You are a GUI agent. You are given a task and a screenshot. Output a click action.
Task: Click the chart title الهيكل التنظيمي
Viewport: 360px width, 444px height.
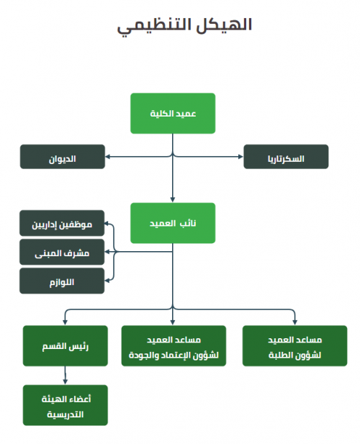click(184, 25)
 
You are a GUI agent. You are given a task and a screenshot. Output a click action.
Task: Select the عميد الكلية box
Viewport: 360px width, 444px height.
click(173, 113)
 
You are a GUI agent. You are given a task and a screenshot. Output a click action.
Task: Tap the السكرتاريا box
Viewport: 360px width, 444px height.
click(286, 157)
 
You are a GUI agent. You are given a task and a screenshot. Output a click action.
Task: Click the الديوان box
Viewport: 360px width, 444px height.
click(63, 157)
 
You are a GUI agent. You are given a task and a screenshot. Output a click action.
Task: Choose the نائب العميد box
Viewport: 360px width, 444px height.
click(173, 223)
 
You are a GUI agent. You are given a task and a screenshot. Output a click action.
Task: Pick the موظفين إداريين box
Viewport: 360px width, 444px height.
click(62, 223)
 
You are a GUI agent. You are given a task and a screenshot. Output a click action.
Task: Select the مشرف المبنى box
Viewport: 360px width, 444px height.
click(62, 252)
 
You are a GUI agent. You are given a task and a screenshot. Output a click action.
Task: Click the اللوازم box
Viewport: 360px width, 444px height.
click(62, 281)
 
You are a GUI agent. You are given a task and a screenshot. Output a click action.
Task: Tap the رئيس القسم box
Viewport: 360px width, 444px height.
click(65, 345)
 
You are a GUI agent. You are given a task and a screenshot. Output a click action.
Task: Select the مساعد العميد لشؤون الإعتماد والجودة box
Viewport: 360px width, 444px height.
click(174, 345)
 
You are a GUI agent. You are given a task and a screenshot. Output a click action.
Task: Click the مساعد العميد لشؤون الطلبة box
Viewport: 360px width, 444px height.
click(295, 345)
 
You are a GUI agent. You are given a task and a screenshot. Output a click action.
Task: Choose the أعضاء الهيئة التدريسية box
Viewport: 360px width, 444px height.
click(65, 405)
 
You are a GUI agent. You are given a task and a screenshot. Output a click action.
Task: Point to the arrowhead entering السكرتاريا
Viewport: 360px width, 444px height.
click(240, 157)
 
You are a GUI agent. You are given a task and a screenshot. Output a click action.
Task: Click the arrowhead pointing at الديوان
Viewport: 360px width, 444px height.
click(107, 157)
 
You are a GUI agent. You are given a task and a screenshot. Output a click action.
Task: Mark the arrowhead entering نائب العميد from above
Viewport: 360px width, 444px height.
click(173, 200)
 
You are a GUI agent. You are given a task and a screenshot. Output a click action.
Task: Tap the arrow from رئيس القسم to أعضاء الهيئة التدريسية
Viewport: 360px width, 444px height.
click(65, 376)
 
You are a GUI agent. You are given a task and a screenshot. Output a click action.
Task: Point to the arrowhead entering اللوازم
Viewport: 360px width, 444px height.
click(107, 281)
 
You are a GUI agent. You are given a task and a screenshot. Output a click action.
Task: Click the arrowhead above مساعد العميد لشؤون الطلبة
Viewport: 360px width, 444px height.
click(295, 322)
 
